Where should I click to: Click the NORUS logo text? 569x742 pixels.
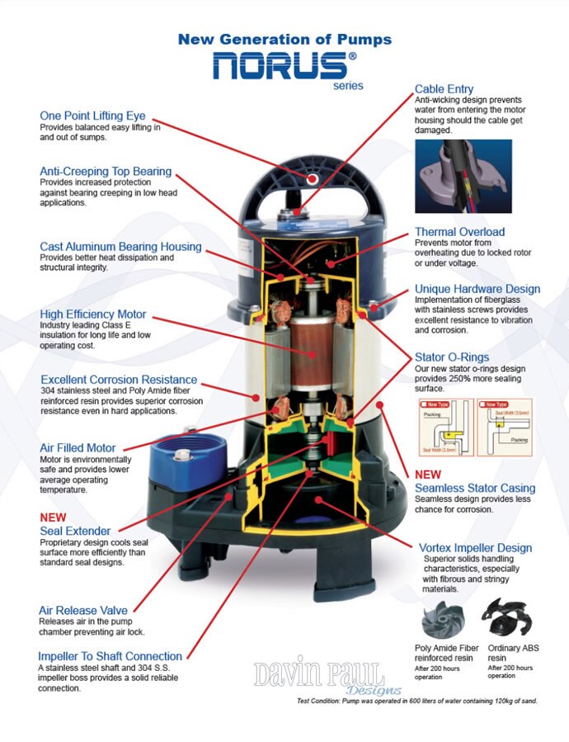pyautogui.click(x=278, y=65)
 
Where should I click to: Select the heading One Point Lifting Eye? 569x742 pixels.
pyautogui.click(x=93, y=116)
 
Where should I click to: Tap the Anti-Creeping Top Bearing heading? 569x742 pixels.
pyautogui.click(x=106, y=172)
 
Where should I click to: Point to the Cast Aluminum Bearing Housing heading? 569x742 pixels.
pyautogui.click(x=120, y=247)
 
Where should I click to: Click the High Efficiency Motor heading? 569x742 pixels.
pyautogui.click(x=93, y=314)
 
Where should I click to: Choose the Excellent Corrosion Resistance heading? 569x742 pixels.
pyautogui.click(x=119, y=380)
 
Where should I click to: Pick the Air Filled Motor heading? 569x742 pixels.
pyautogui.click(x=78, y=448)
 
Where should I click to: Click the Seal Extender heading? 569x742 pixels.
pyautogui.click(x=75, y=531)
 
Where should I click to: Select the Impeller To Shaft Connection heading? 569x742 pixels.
pyautogui.click(x=111, y=656)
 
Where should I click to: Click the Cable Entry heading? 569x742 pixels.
pyautogui.click(x=444, y=88)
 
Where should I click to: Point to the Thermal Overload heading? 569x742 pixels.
pyautogui.click(x=459, y=232)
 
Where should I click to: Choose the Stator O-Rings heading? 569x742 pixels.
pyautogui.click(x=452, y=357)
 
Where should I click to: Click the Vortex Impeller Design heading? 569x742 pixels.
pyautogui.click(x=475, y=548)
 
